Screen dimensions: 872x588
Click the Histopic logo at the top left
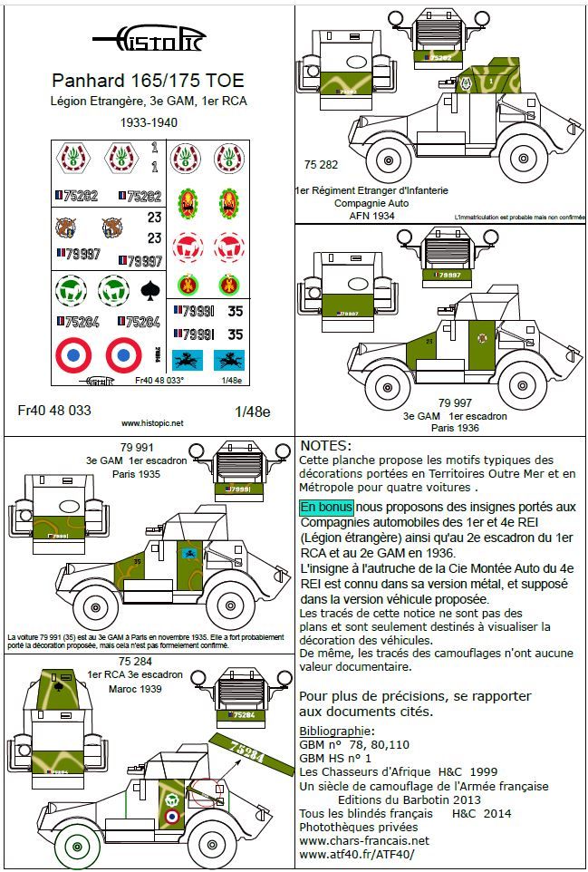pos(149,38)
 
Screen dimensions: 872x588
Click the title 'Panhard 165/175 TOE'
pos(149,81)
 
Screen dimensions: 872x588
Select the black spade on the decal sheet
pos(149,290)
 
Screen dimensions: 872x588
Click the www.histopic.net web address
pos(151,423)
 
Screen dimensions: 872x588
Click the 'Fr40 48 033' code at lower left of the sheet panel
pos(54,410)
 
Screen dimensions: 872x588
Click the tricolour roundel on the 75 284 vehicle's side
pos(169,818)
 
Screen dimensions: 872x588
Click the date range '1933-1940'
pos(149,121)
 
